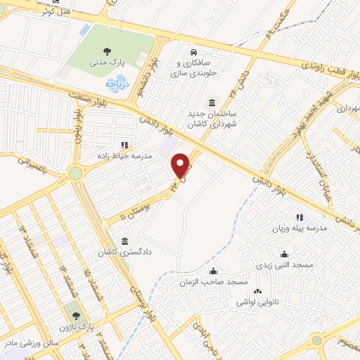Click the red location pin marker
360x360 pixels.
point(181,166)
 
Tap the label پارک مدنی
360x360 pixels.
point(107,62)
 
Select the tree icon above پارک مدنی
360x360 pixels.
point(107,51)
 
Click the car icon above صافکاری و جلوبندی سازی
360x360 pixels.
point(193,52)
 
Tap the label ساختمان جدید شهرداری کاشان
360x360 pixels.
point(211,118)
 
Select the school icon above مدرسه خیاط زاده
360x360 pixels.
point(124,145)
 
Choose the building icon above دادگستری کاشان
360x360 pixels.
point(125,240)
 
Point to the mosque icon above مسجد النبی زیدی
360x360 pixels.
point(285,254)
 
